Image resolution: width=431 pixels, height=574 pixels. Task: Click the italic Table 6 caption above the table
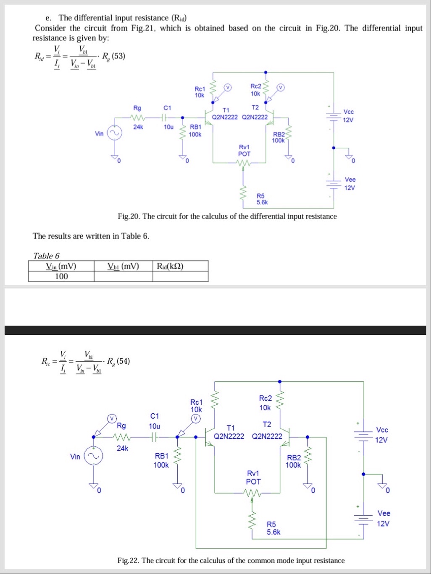(x=46, y=256)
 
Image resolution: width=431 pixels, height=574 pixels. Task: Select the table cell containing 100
(x=61, y=276)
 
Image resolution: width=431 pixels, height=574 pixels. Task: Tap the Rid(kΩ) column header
(x=170, y=266)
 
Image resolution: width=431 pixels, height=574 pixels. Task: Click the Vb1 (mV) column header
(x=123, y=266)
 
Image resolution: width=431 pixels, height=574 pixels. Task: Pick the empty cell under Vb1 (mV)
(x=123, y=276)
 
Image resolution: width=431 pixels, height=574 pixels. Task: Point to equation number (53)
(x=118, y=56)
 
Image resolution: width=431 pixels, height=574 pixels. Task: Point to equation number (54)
(x=123, y=361)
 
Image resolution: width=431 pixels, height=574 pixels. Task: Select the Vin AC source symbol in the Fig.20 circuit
(x=114, y=133)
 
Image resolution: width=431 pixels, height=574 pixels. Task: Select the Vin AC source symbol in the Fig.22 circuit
(x=93, y=457)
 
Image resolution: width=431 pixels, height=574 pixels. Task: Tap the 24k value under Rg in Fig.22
(x=122, y=448)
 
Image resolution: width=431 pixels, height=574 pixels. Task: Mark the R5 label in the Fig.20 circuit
(x=260, y=196)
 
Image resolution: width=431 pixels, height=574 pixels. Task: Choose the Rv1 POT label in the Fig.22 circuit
(x=253, y=477)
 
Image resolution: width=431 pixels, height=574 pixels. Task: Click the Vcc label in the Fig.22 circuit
(x=382, y=430)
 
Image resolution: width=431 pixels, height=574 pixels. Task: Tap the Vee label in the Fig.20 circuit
(x=350, y=179)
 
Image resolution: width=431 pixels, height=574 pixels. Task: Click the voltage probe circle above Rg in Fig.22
(x=111, y=418)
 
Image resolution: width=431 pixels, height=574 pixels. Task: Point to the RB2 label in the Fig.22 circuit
(x=294, y=457)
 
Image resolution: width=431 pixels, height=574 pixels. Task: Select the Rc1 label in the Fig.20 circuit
(x=200, y=89)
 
